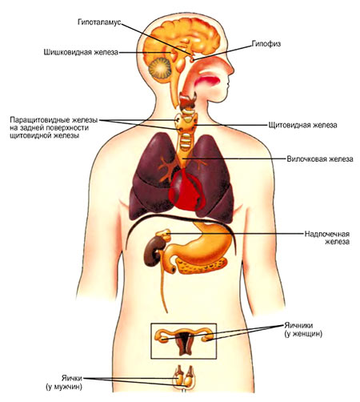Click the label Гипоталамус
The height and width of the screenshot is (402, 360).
pyautogui.click(x=99, y=22)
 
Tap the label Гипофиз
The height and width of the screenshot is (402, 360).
pyautogui.click(x=266, y=44)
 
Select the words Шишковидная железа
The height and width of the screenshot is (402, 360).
pyautogui.click(x=81, y=52)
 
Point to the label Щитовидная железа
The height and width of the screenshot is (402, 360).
pyautogui.click(x=302, y=125)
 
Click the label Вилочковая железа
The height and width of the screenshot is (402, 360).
pyautogui.click(x=320, y=159)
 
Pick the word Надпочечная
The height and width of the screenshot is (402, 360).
pyautogui.click(x=327, y=234)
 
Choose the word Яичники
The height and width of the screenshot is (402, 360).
pyautogui.click(x=298, y=326)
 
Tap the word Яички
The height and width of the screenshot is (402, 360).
pyautogui.click(x=72, y=378)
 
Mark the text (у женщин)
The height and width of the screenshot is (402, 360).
pyautogui.click(x=303, y=334)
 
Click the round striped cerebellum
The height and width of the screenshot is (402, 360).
pyautogui.click(x=160, y=68)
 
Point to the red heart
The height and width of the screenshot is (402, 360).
pyautogui.click(x=187, y=191)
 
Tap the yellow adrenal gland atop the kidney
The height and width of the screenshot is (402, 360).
pyautogui.click(x=163, y=235)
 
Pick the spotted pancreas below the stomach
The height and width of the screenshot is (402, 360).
pyautogui.click(x=202, y=266)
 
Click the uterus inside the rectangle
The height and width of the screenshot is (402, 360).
pyautogui.click(x=183, y=344)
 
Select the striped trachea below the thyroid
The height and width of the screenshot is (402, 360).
pyautogui.click(x=185, y=141)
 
